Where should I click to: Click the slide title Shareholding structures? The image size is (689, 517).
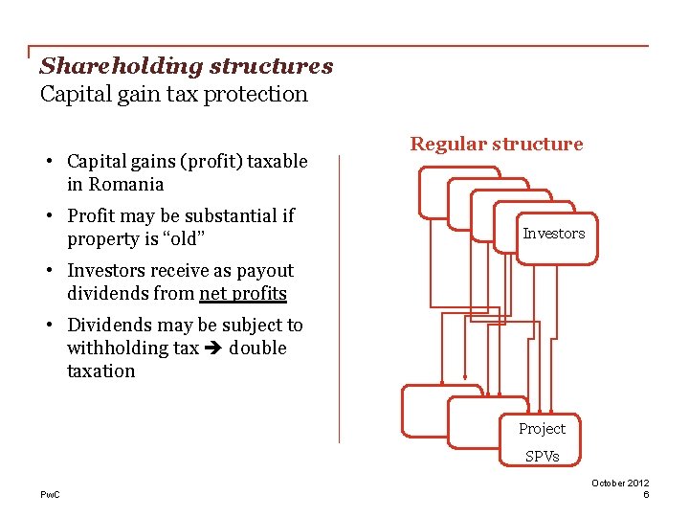pyautogui.click(x=186, y=66)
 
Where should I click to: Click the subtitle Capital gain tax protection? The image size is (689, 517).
pyautogui.click(x=173, y=94)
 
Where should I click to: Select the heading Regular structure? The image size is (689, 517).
pyautogui.click(x=496, y=144)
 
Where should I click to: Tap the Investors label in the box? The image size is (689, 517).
pyautogui.click(x=553, y=234)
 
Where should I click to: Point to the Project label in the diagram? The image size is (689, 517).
pyautogui.click(x=542, y=429)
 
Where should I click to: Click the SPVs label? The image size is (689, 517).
pyautogui.click(x=542, y=456)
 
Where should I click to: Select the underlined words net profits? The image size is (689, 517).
pyautogui.click(x=242, y=294)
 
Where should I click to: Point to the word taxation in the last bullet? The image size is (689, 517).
pyautogui.click(x=100, y=371)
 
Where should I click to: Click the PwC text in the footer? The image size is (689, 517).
pyautogui.click(x=50, y=494)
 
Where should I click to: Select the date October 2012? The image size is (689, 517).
pyautogui.click(x=620, y=483)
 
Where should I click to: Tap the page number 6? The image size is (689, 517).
pyautogui.click(x=647, y=494)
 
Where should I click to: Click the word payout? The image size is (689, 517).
pyautogui.click(x=264, y=271)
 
